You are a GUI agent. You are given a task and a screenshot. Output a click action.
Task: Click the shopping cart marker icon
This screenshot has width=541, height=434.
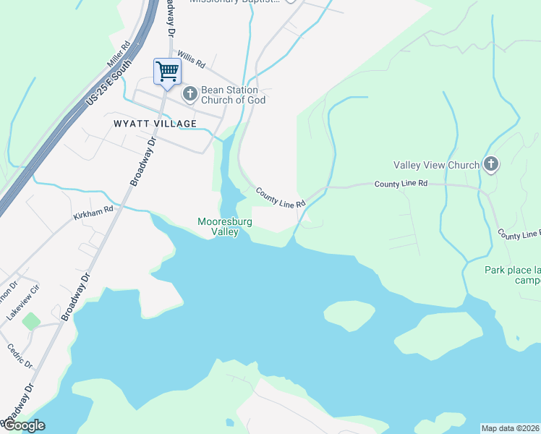coord(167,72)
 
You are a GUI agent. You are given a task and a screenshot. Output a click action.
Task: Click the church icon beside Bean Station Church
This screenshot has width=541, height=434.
coord(190,93)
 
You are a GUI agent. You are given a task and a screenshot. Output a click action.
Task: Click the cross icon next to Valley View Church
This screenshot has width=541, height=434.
coord(491,164)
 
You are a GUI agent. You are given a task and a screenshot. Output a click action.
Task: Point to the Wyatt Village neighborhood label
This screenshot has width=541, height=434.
coord(156,124)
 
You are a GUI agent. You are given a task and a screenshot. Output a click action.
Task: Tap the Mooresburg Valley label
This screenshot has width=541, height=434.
coord(225,226)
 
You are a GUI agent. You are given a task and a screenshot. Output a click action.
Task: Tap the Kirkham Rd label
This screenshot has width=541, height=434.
coord(93,213)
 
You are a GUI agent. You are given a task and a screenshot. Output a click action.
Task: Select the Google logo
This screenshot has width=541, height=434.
coord(23,425)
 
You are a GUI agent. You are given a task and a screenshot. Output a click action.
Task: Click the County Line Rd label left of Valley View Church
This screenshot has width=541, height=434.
coord(401,184)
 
